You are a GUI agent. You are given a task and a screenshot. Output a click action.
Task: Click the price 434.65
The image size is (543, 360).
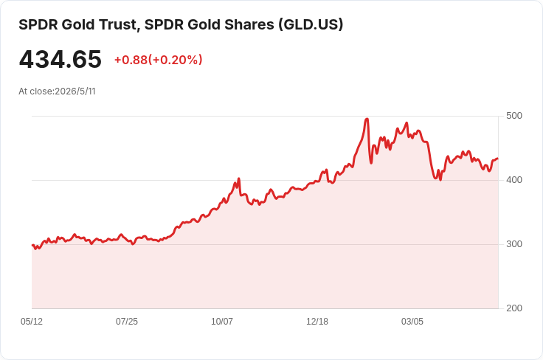60,59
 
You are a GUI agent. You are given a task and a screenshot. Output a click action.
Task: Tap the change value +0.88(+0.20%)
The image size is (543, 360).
159,60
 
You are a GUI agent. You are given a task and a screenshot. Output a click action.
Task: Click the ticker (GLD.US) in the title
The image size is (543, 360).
311,24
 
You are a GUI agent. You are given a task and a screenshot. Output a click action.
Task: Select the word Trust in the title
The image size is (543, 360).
120,24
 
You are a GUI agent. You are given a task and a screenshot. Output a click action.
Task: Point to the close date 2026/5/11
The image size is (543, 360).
75,91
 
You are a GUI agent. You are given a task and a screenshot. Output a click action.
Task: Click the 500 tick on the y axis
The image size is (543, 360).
514,116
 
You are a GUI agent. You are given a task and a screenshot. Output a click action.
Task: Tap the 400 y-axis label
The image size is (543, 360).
514,180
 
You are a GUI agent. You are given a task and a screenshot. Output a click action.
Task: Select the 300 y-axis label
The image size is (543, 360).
514,244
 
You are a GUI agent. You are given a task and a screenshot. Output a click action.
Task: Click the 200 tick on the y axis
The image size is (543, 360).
514,308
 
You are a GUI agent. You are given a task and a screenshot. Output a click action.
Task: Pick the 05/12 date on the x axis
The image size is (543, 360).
32,322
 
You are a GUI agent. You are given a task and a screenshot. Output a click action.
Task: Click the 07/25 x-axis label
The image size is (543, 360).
127,322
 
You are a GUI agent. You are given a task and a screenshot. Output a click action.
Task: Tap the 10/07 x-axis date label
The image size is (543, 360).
222,322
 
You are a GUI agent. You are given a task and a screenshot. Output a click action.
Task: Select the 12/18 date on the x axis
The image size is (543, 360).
317,322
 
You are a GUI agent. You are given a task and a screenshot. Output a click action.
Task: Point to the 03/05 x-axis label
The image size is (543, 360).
412,322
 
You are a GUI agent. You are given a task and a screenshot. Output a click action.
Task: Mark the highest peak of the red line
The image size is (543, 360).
367,119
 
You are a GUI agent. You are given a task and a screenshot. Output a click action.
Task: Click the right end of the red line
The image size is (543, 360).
498,159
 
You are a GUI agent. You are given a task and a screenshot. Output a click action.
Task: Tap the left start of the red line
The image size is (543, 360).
32,246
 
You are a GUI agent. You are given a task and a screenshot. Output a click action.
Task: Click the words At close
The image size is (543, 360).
36,91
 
